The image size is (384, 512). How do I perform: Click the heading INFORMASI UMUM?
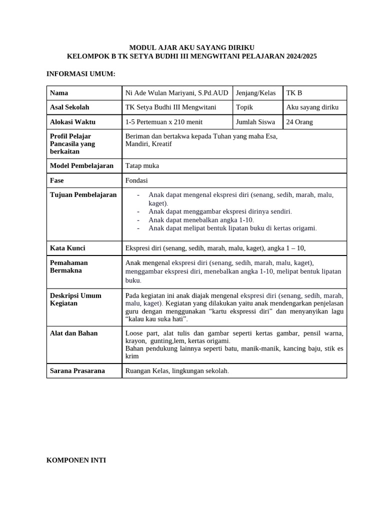(80, 74)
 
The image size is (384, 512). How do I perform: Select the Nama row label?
(59, 93)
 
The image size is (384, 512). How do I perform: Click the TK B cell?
(294, 93)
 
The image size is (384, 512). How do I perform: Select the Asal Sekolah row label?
(69, 107)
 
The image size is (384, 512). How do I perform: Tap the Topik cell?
(244, 107)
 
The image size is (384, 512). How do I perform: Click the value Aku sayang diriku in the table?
(312, 107)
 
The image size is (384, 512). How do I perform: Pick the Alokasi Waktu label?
(72, 122)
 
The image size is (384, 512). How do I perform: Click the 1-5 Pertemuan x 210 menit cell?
(164, 122)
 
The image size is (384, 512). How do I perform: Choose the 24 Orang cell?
(299, 122)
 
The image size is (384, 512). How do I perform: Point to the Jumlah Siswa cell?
(255, 122)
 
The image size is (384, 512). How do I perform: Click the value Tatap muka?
(142, 166)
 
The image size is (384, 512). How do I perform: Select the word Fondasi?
(136, 180)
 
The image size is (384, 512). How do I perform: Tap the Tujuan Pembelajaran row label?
(83, 195)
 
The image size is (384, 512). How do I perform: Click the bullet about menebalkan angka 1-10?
(201, 220)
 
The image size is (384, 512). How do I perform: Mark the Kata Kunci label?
(67, 248)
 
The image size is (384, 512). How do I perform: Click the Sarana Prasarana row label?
(77, 371)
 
